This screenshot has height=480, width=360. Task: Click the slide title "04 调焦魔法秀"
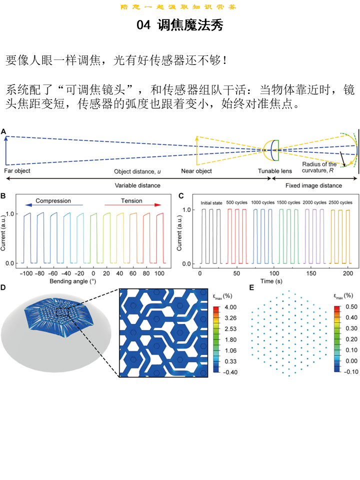[x=179, y=26]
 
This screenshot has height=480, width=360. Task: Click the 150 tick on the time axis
[x=311, y=274]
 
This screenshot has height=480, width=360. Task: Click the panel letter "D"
[x=4, y=288]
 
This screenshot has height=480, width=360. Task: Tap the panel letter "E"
[x=251, y=288]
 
